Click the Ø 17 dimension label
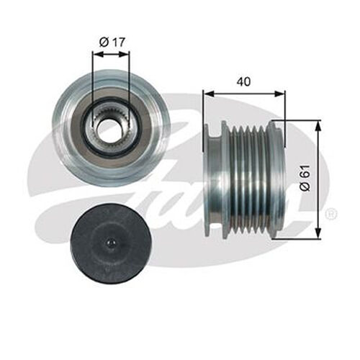[x=112, y=42]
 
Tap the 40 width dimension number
[x=244, y=81]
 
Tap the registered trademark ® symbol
[x=330, y=215]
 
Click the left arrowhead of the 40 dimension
[x=207, y=92]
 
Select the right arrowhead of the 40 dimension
[x=282, y=92]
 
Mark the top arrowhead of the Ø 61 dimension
[x=316, y=125]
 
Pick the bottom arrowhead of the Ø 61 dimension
[x=316, y=234]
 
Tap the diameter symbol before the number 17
[x=103, y=42]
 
